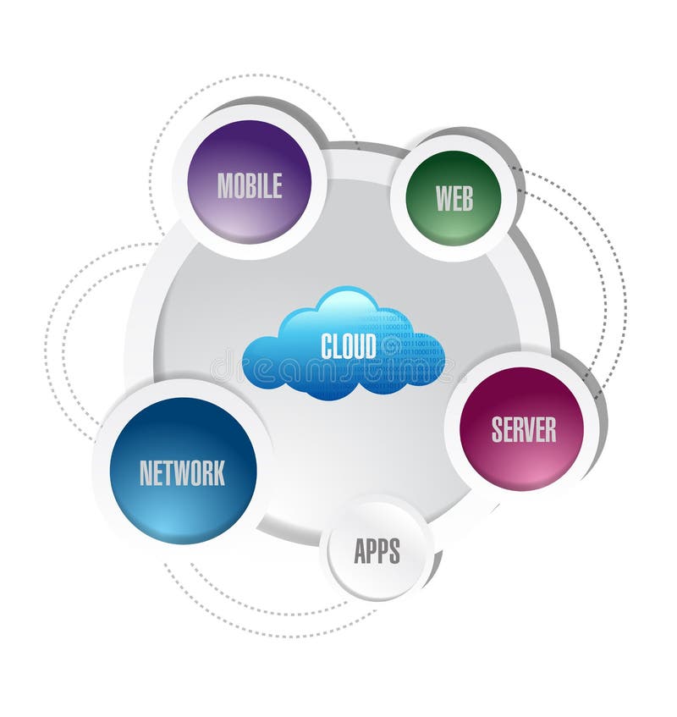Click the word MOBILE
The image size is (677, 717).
(x=249, y=185)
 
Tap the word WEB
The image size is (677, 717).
(x=454, y=198)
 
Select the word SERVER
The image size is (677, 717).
(x=524, y=429)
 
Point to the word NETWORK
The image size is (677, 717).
(x=182, y=473)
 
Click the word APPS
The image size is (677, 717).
(x=377, y=550)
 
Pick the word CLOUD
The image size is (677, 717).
(x=349, y=345)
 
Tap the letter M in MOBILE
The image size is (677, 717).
(x=224, y=185)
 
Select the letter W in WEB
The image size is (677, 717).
(x=443, y=198)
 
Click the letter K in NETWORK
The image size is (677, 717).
(x=219, y=473)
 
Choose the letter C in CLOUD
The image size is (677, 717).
(x=327, y=345)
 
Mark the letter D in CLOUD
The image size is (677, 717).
(x=371, y=345)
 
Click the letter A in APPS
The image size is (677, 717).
(x=361, y=550)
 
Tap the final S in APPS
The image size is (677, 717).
(x=395, y=550)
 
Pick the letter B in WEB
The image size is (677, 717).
(x=468, y=198)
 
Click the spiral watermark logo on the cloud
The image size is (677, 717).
(x=390, y=348)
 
